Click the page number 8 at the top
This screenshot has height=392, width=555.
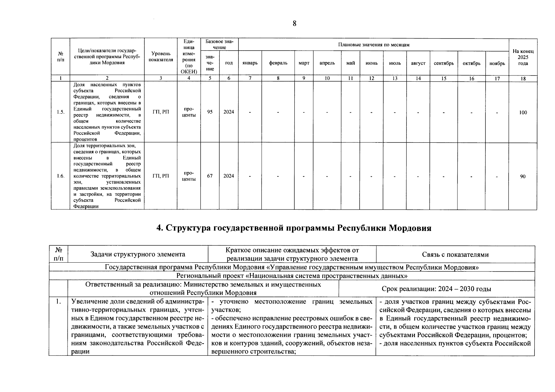295,23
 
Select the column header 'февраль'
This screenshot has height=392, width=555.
278,63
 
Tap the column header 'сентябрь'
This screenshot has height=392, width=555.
443,63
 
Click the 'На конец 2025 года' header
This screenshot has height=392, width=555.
523,57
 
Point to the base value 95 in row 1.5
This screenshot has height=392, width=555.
210,112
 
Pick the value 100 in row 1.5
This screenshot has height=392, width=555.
523,112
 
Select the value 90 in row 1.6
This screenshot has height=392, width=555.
523,176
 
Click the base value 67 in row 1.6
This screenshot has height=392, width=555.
210,176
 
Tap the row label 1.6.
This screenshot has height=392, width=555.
60,176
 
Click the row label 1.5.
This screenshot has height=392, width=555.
60,112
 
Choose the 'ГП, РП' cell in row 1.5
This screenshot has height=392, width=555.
161,112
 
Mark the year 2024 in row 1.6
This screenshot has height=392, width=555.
229,176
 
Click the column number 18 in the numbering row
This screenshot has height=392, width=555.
523,78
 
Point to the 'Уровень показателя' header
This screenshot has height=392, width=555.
161,57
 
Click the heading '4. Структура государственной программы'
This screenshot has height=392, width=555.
294,228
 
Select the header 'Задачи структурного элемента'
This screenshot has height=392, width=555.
138,254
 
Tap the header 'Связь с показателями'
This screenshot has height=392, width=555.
455,254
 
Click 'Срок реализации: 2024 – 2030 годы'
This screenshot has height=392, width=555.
436,289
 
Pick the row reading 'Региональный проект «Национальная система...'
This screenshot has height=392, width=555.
292,276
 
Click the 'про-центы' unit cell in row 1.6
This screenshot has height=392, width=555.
189,176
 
